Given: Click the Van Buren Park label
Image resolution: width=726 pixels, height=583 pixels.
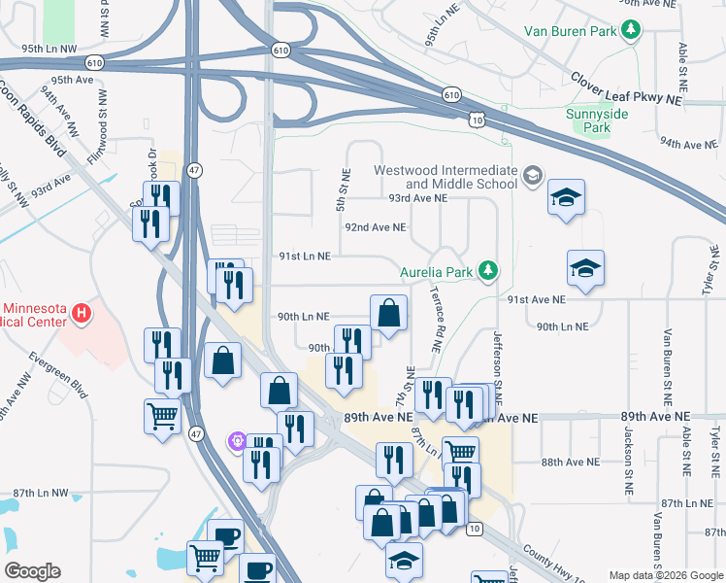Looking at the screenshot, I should (x=571, y=31).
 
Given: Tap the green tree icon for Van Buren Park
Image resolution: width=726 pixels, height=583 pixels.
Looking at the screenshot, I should (x=631, y=31).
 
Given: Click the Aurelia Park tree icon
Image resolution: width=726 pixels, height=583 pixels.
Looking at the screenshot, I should (x=490, y=271).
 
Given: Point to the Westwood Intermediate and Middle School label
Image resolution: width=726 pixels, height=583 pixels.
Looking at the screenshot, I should (x=446, y=177).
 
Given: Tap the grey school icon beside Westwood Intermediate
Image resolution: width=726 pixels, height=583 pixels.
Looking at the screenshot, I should (x=531, y=176).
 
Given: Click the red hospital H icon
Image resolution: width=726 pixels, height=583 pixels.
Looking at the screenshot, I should (x=82, y=315).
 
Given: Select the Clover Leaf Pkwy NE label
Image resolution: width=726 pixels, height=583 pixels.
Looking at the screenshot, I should (x=627, y=87).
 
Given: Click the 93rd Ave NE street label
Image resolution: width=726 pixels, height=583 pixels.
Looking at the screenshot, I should (x=417, y=197).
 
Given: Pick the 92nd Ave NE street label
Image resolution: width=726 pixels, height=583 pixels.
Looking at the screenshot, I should (x=376, y=227).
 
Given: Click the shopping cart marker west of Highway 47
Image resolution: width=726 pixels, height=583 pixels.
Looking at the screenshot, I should (x=162, y=417).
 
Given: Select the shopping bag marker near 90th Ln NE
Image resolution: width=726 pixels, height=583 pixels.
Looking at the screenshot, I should (x=388, y=313).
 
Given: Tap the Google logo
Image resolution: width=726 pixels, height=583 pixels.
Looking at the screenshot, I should (x=33, y=571).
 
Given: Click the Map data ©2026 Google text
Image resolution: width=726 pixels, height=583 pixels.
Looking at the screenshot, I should (x=666, y=575).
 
